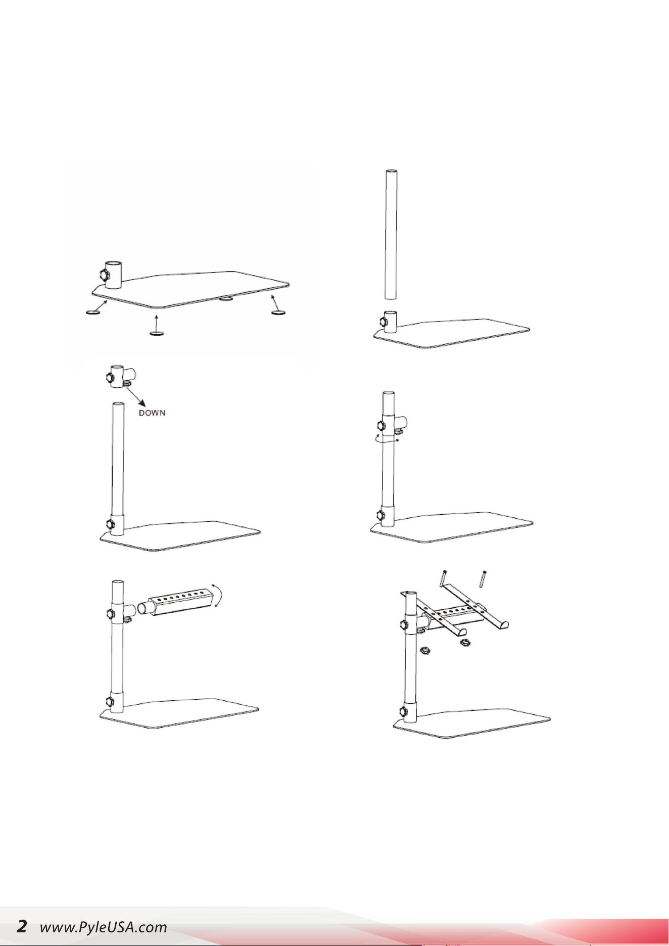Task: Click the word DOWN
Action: point(152,413)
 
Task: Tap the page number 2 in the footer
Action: point(22,926)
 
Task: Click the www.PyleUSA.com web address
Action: point(104,927)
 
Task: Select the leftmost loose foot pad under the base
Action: point(92,313)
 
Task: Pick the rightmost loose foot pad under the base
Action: point(278,313)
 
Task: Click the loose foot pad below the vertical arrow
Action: point(157,334)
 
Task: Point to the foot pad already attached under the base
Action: point(226,298)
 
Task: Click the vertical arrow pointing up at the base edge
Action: point(157,321)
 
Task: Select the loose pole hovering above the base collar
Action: point(391,235)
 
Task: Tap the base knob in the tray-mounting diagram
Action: point(403,712)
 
